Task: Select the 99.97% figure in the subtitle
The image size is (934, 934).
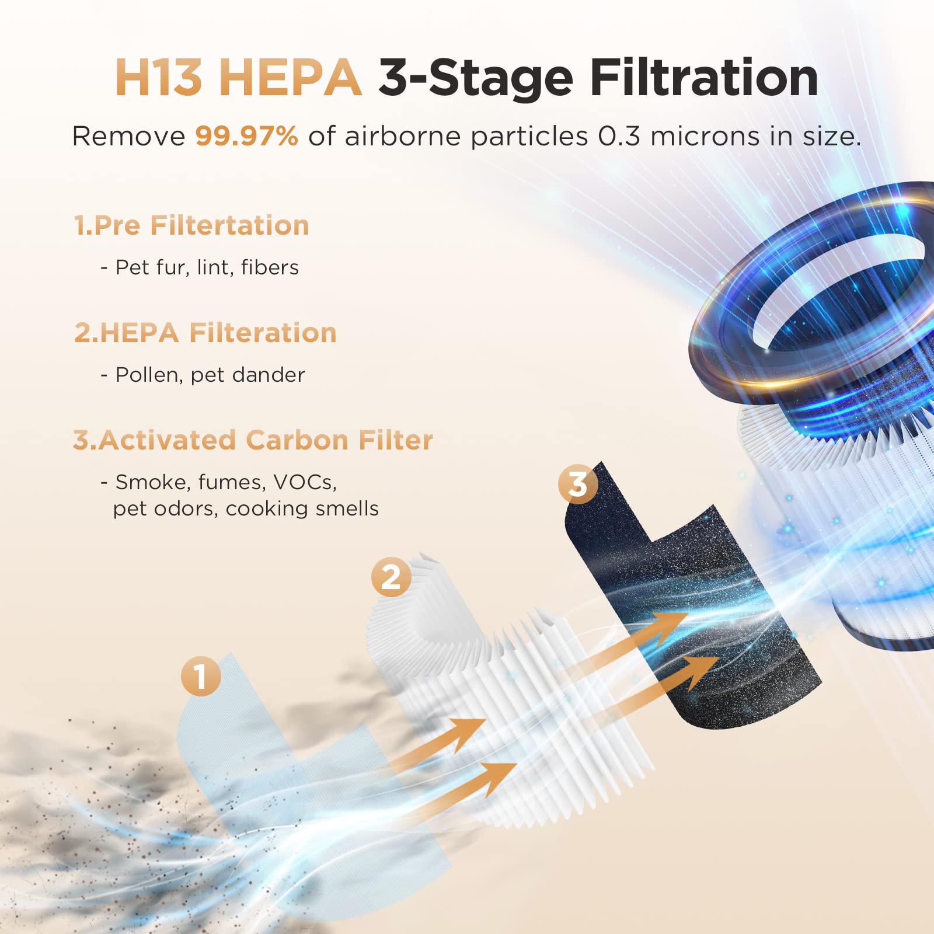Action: (246, 137)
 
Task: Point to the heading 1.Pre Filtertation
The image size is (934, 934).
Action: (191, 225)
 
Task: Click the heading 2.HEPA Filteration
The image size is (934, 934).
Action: (205, 333)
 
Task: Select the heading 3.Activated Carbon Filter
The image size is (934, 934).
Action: (253, 440)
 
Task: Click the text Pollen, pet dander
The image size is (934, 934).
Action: (210, 375)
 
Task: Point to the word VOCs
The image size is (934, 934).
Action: (305, 482)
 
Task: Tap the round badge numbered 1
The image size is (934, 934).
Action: (201, 677)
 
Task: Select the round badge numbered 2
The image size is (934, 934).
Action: (391, 577)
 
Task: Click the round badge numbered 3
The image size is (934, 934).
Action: (578, 483)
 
